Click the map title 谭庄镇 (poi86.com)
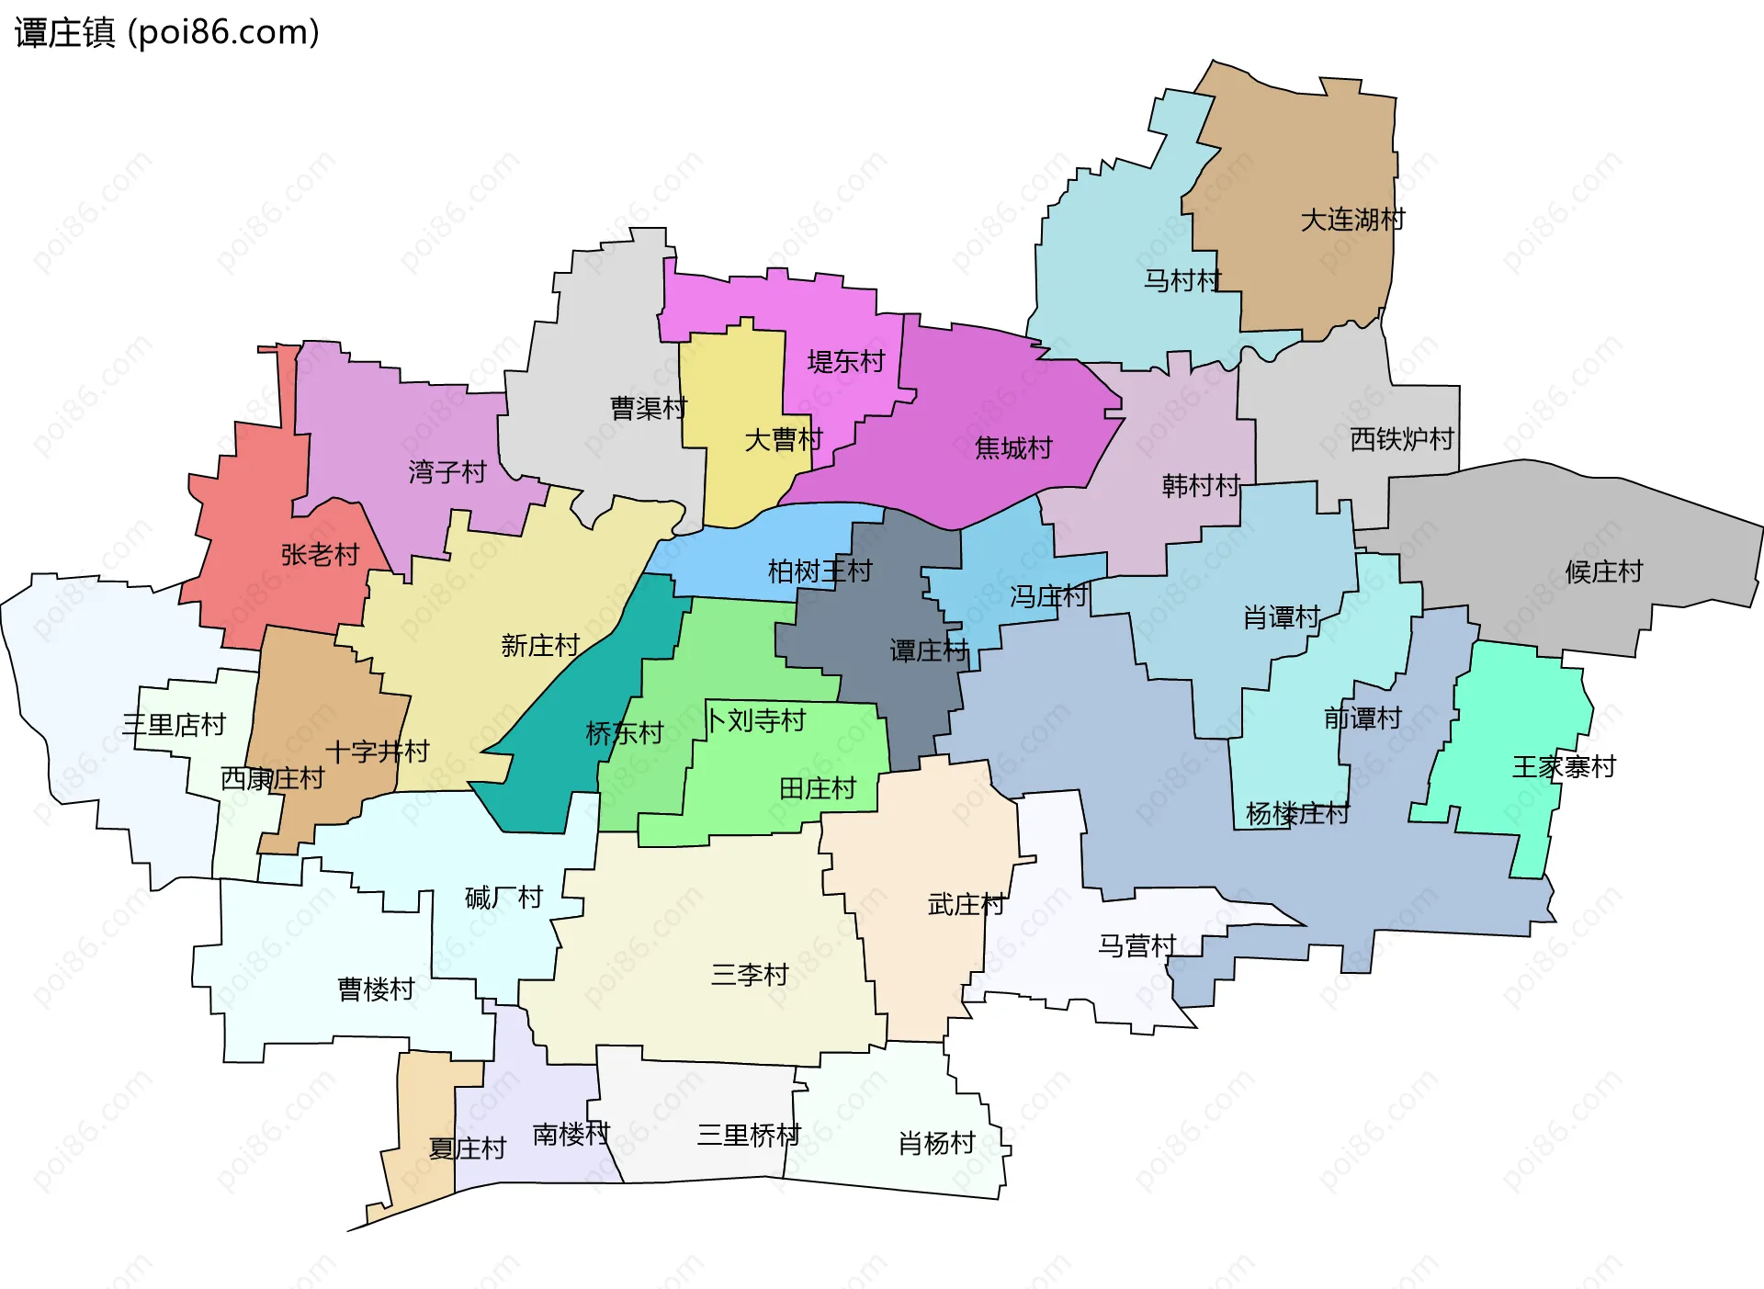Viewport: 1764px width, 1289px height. pos(167,32)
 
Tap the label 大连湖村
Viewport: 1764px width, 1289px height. pos(1352,220)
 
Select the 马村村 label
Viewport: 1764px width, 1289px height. pos(1182,281)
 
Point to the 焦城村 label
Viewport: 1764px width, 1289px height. pos(1013,448)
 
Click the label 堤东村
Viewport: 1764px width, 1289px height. pos(845,362)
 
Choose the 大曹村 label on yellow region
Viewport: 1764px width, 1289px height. pos(783,440)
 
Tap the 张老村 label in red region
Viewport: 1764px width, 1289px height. pos(320,555)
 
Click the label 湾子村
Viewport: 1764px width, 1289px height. pos(447,472)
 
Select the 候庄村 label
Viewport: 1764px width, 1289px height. pos(1603,572)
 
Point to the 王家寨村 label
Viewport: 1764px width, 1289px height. pos(1564,767)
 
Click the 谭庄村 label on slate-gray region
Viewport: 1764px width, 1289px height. pos(929,651)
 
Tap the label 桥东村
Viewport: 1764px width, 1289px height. pos(625,733)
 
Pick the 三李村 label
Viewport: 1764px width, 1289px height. pos(750,975)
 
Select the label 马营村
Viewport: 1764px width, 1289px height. pos(1137,945)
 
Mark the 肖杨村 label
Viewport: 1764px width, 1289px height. pos(936,1144)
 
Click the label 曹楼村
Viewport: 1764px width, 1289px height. pos(376,989)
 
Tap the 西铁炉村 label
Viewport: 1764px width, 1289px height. pos(1402,440)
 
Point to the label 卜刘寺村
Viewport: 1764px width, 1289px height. pos(755,720)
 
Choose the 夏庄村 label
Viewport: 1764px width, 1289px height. pos(468,1148)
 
